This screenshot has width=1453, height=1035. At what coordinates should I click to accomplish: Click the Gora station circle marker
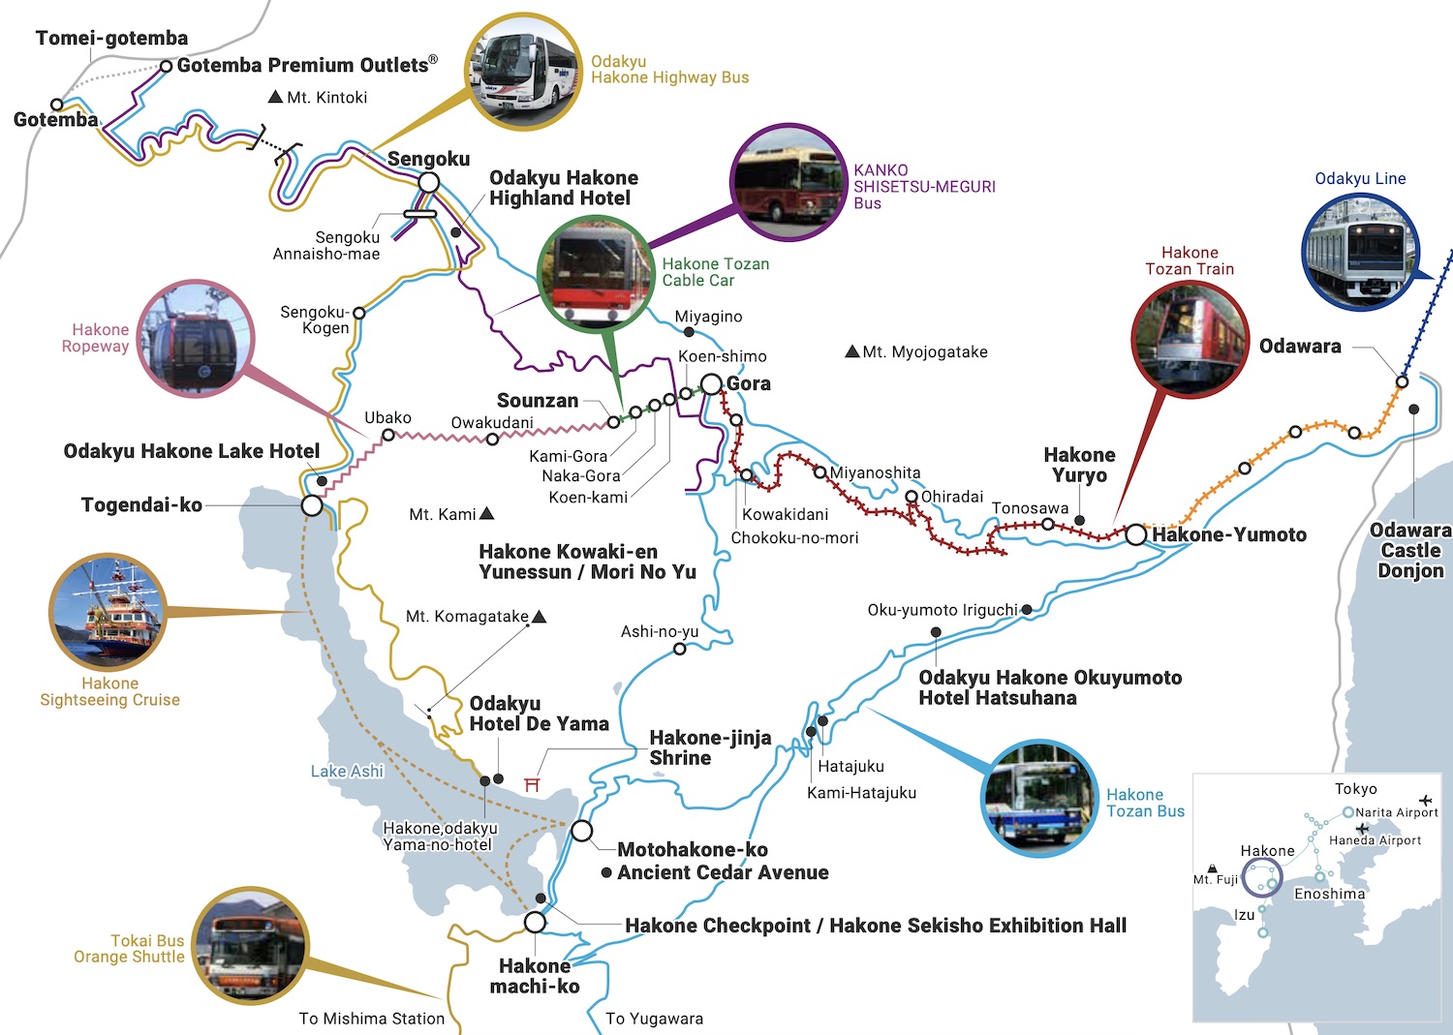pos(712,384)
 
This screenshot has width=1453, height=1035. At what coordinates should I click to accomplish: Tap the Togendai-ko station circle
pos(312,505)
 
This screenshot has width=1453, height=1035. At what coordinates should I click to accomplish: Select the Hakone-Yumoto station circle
pos(1136,534)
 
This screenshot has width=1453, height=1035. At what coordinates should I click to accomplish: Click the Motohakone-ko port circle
pos(581,831)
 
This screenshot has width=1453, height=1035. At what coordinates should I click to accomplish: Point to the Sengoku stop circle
pos(429,182)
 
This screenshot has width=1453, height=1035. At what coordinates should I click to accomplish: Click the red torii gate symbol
pos(532,783)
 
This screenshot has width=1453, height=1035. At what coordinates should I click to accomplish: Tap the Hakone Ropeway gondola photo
pos(195,338)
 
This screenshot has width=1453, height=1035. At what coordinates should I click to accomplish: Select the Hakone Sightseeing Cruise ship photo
pos(108,613)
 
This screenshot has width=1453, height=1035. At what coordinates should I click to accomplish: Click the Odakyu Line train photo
pos(1360,251)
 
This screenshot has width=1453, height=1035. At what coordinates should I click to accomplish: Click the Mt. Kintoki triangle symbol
pos(275,97)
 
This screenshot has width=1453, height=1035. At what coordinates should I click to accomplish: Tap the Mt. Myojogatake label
pos(924,352)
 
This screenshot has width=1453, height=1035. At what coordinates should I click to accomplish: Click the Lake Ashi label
pos(347,772)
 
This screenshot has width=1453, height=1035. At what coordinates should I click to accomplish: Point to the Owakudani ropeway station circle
pos(492,440)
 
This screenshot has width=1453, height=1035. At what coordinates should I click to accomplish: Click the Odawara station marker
pos(1402,382)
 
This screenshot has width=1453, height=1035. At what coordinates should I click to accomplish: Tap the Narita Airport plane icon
pos(1425,801)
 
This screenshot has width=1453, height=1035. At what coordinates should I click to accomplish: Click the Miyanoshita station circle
pos(820,472)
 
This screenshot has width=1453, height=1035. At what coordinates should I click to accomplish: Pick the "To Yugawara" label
pos(654,1019)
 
